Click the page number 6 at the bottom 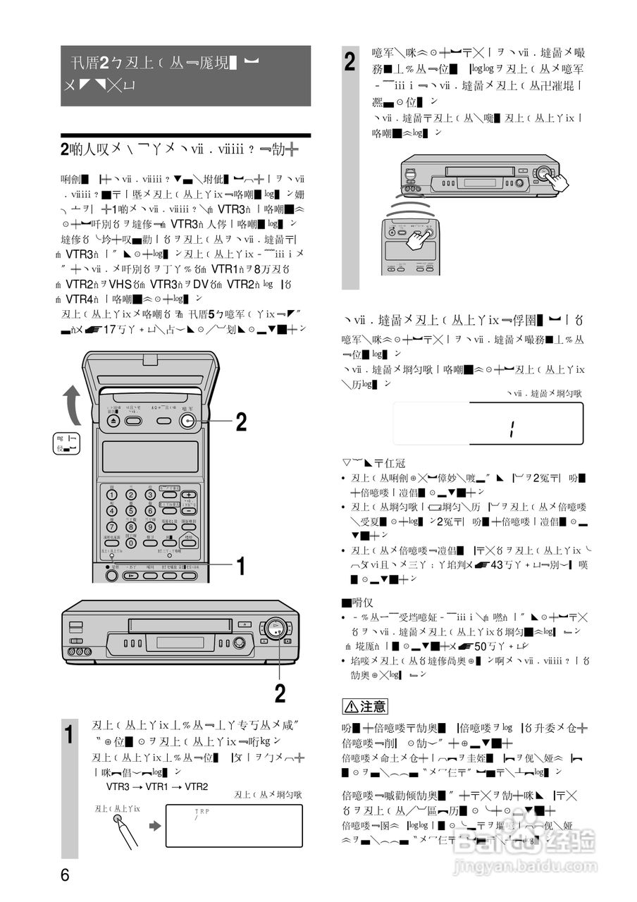[x=65, y=876]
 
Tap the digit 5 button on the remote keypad [x=131, y=510]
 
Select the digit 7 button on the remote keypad [x=112, y=526]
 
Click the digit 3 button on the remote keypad [x=149, y=495]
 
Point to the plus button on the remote [x=188, y=495]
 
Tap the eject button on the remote [x=114, y=421]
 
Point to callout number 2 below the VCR [x=280, y=694]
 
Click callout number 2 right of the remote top [x=241, y=422]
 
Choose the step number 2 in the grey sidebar [x=351, y=61]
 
